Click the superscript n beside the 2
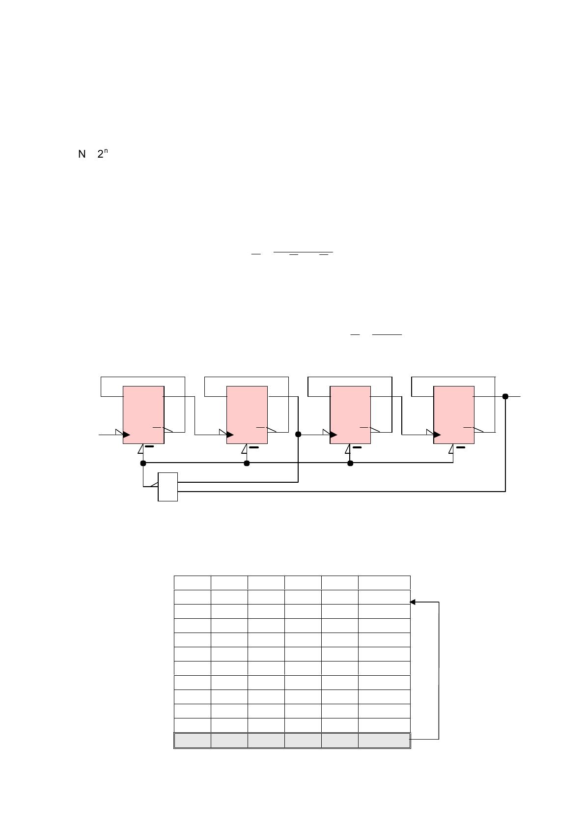point(106,151)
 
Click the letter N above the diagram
point(82,154)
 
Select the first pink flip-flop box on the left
point(143,415)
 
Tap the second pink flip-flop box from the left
point(247,415)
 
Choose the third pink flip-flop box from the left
point(350,415)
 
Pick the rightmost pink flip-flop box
point(454,415)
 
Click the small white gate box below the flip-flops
point(167,487)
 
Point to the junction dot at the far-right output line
point(505,396)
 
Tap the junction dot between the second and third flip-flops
point(298,435)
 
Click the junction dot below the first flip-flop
point(143,463)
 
